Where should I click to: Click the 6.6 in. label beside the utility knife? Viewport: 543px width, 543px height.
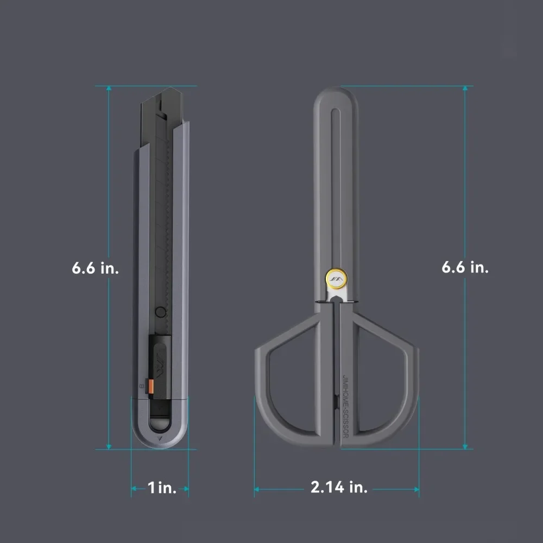[95, 268]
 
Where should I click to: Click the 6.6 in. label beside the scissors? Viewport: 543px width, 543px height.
[465, 267]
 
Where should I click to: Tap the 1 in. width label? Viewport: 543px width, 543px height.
[162, 488]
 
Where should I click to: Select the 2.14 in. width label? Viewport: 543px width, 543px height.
[339, 487]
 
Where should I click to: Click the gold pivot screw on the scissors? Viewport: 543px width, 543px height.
[336, 278]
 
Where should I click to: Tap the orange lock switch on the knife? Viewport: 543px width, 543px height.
[151, 387]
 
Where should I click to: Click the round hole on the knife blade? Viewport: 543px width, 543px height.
[160, 312]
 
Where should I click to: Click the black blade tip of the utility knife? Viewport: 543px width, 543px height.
[171, 91]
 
